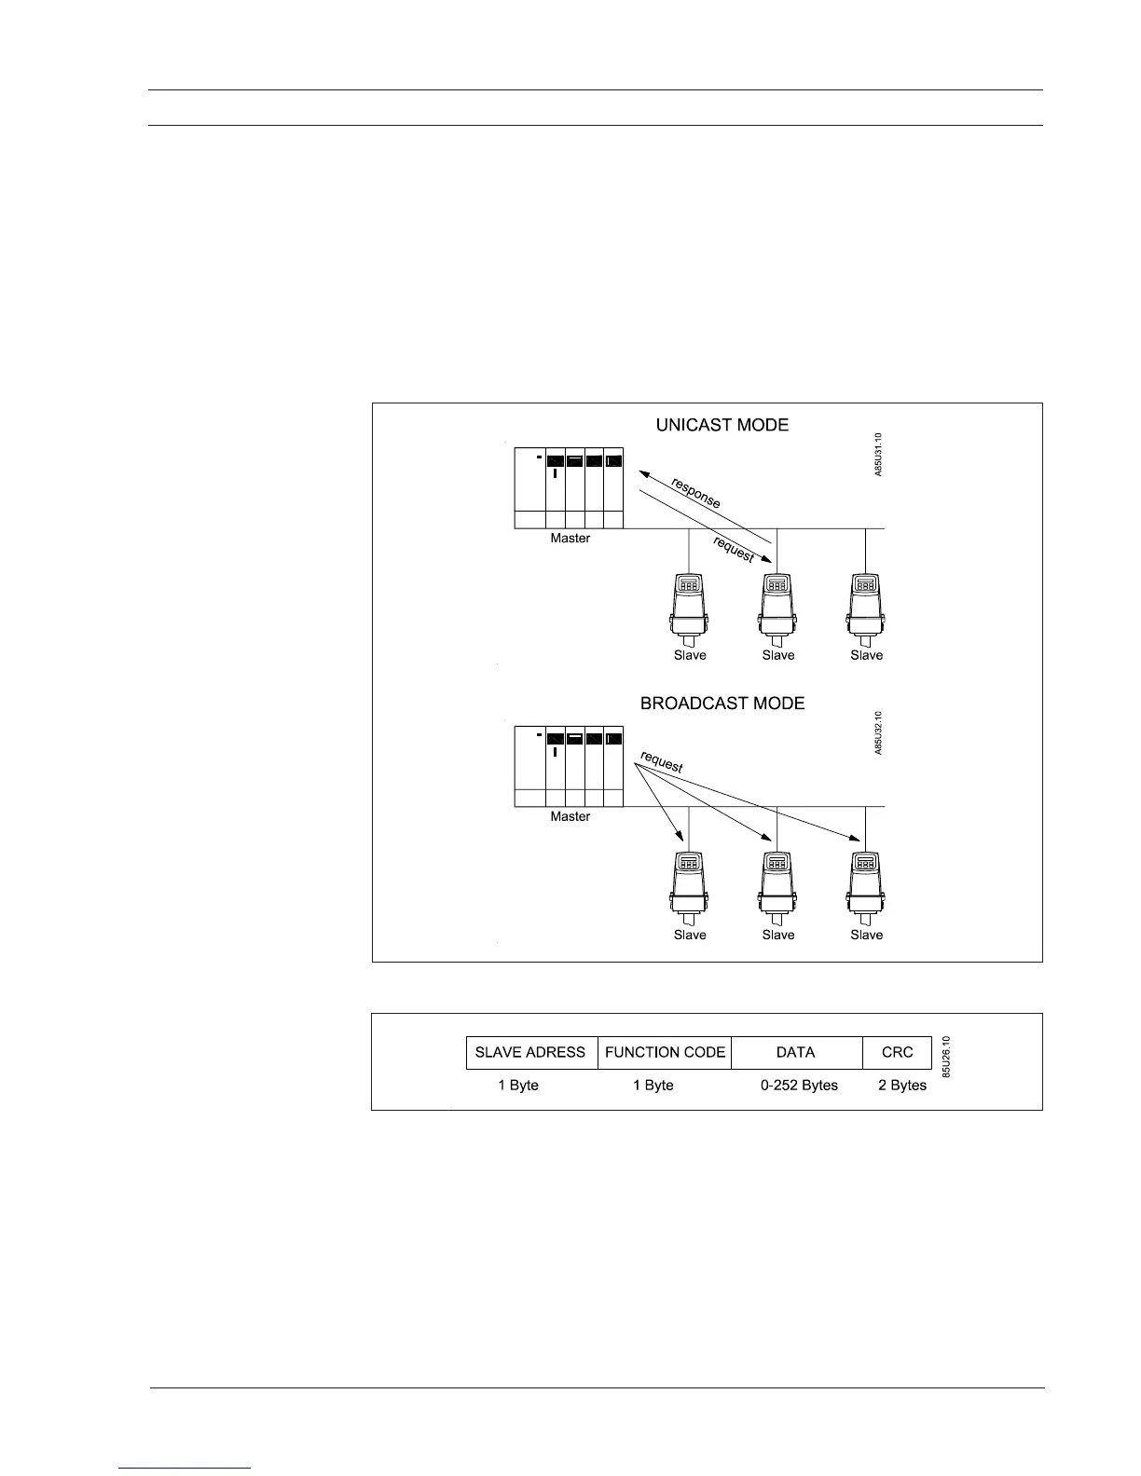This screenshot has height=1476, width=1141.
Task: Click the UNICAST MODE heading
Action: (x=722, y=425)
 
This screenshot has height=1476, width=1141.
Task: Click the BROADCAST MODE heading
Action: (x=722, y=704)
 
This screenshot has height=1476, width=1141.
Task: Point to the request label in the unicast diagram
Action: (x=734, y=550)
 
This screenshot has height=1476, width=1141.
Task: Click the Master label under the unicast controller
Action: (x=570, y=539)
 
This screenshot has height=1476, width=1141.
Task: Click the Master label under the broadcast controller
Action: (x=570, y=816)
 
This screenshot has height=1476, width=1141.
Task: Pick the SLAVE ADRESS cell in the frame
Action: (x=530, y=1052)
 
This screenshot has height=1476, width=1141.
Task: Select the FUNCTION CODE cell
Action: (x=665, y=1052)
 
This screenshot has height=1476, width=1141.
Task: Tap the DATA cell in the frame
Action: (x=796, y=1052)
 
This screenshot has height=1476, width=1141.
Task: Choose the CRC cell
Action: (x=897, y=1052)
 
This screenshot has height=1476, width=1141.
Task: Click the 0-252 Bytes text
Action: (x=799, y=1086)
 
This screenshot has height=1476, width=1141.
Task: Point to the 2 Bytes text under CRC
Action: (x=902, y=1086)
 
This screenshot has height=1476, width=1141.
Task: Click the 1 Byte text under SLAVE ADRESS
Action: (x=518, y=1086)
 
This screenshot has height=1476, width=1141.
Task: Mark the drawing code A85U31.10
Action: (x=878, y=455)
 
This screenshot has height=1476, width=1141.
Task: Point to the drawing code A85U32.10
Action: (x=878, y=732)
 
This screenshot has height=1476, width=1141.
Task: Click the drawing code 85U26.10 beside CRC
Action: (x=945, y=1057)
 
